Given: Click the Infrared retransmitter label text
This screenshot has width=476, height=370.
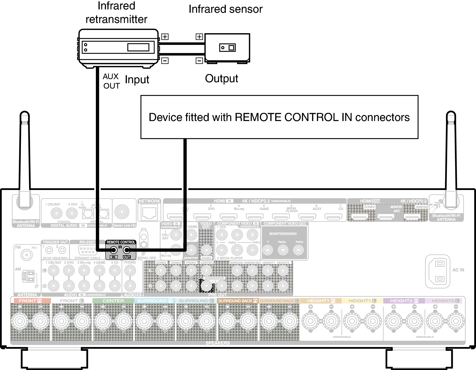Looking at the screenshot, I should tap(116, 13).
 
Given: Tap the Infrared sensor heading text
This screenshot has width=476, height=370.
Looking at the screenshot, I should tap(225, 9).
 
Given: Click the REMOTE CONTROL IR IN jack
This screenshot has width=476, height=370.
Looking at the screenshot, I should tap(113, 250).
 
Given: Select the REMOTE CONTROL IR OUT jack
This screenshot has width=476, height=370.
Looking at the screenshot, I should tap(127, 250).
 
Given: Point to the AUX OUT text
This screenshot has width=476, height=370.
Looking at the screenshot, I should tap(111, 81).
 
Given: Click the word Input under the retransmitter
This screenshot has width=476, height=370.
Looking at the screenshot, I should tap(137, 80).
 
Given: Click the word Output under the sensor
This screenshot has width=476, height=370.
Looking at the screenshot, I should tap(221, 79).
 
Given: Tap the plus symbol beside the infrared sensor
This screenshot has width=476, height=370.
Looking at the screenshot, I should tap(199, 37).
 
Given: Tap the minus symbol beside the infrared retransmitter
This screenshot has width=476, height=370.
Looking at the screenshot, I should tap(165, 61).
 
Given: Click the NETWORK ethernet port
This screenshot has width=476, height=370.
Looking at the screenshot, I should tap(149, 213).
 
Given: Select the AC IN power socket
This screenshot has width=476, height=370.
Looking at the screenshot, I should tap(438, 271).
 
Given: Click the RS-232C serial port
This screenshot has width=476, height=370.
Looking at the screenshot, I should tap(87, 250).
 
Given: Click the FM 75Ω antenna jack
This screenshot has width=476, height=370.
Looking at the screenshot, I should tap(27, 255).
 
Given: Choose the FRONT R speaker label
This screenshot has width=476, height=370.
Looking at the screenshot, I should tap(30, 301).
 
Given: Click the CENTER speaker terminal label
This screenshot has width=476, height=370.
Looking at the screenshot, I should tap(113, 301).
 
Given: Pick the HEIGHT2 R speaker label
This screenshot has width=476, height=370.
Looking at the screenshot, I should tap(404, 301).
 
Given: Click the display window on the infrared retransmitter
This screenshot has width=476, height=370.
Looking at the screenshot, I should tap(138, 47).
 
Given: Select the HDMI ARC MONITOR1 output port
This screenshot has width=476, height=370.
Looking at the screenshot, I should tap(386, 217).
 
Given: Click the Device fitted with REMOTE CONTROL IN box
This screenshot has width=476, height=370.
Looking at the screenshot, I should tap(279, 117).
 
